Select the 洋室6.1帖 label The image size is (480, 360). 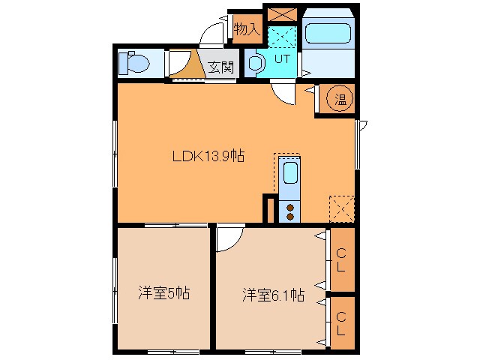tap(272, 294)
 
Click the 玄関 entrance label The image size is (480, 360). tap(220, 66)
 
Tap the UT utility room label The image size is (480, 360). tap(282, 58)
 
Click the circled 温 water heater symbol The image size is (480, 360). tap(340, 98)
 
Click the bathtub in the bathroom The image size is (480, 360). tap(328, 34)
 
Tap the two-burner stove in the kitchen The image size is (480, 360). tap(289, 211)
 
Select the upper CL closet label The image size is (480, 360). tap(340, 260)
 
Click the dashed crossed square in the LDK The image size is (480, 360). tap(342, 207)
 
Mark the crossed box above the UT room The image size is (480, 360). tap(283, 15)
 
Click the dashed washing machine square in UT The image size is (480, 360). tap(283, 35)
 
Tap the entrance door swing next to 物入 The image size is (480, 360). tap(215, 33)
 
